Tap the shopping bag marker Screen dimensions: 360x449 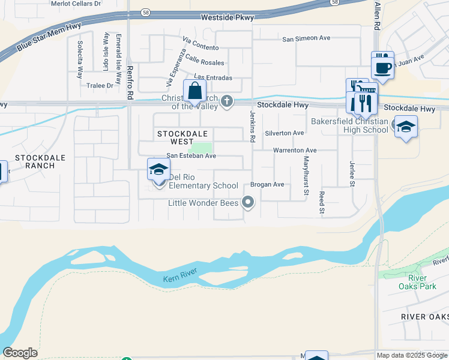pos(195,92)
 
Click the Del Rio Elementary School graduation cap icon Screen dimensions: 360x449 pos(158,170)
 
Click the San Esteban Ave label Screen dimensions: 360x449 pos(191,155)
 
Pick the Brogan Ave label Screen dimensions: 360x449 pos(267,184)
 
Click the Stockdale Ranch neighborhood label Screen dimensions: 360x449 pos(35,161)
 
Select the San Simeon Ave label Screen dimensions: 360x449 pos(307,38)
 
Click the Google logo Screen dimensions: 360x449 pos(20,353)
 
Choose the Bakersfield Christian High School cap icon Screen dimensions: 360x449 pos(406,127)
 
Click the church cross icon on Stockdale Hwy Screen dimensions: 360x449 pos(227,101)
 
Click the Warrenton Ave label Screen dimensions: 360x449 pos(295,150)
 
